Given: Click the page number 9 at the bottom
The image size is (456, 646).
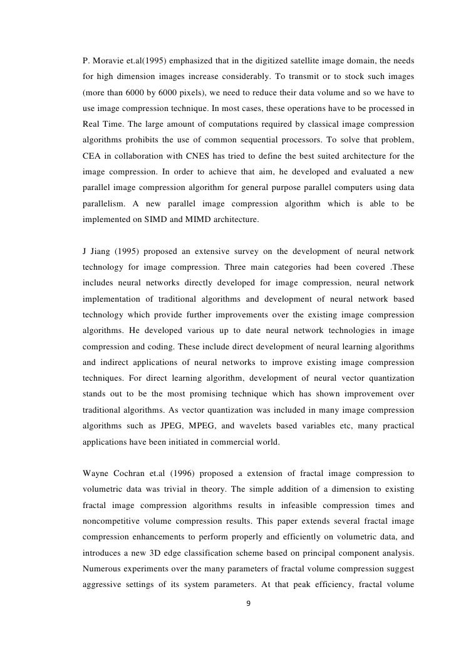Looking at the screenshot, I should pos(249,603).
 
